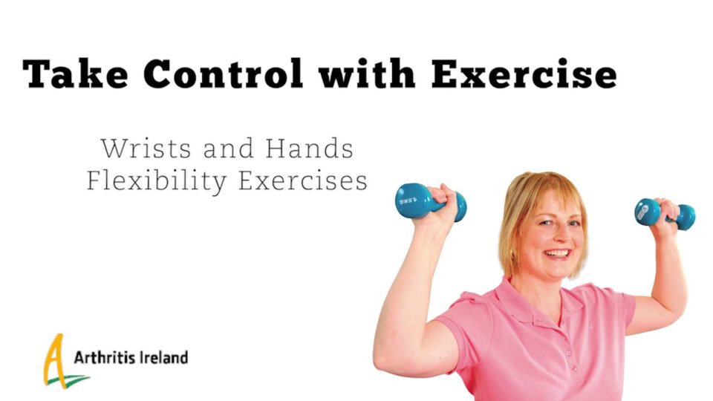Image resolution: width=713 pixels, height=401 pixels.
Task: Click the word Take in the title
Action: (76, 74)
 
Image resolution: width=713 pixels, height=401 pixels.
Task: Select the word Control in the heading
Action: (224, 74)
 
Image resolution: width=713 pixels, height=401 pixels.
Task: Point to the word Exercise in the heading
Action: (524, 74)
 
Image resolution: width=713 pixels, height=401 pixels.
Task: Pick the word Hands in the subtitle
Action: (309, 149)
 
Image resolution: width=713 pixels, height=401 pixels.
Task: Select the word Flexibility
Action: (157, 181)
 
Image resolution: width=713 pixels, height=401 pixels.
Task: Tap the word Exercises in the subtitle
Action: (303, 180)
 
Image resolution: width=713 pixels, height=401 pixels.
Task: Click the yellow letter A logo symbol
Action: (53, 359)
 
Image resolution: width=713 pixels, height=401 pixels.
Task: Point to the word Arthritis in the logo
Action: (105, 357)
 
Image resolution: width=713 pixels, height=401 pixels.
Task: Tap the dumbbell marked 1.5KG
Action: (430, 202)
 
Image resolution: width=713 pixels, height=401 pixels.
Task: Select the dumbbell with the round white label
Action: (664, 214)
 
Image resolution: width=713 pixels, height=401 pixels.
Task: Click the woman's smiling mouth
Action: (558, 253)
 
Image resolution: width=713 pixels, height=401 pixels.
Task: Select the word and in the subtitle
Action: (228, 149)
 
